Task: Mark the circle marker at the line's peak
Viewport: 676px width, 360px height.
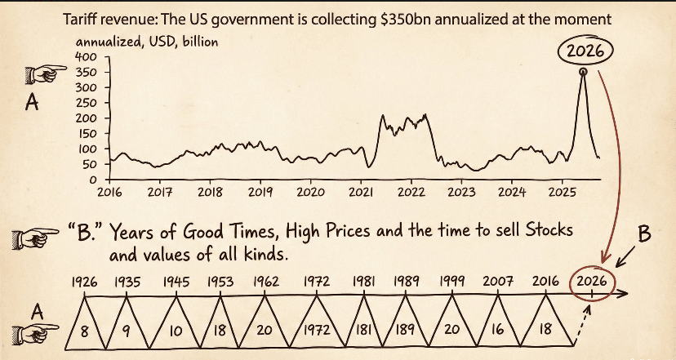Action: (583, 73)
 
